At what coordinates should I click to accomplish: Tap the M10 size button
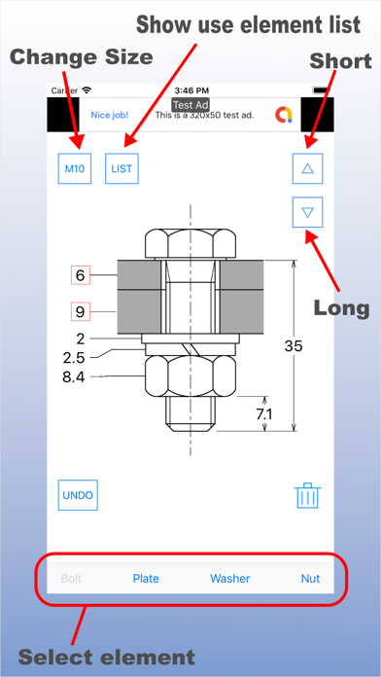[75, 168]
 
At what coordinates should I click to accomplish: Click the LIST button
[121, 168]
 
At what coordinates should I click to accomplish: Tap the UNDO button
[78, 495]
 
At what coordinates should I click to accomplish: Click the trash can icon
[308, 495]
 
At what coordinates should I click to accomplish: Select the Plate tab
[146, 579]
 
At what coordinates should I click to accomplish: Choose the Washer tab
[230, 579]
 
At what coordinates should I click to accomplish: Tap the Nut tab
[311, 579]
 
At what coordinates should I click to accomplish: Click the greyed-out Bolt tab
[72, 579]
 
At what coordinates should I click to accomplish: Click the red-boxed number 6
[81, 275]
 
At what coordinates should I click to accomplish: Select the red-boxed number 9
[81, 311]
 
